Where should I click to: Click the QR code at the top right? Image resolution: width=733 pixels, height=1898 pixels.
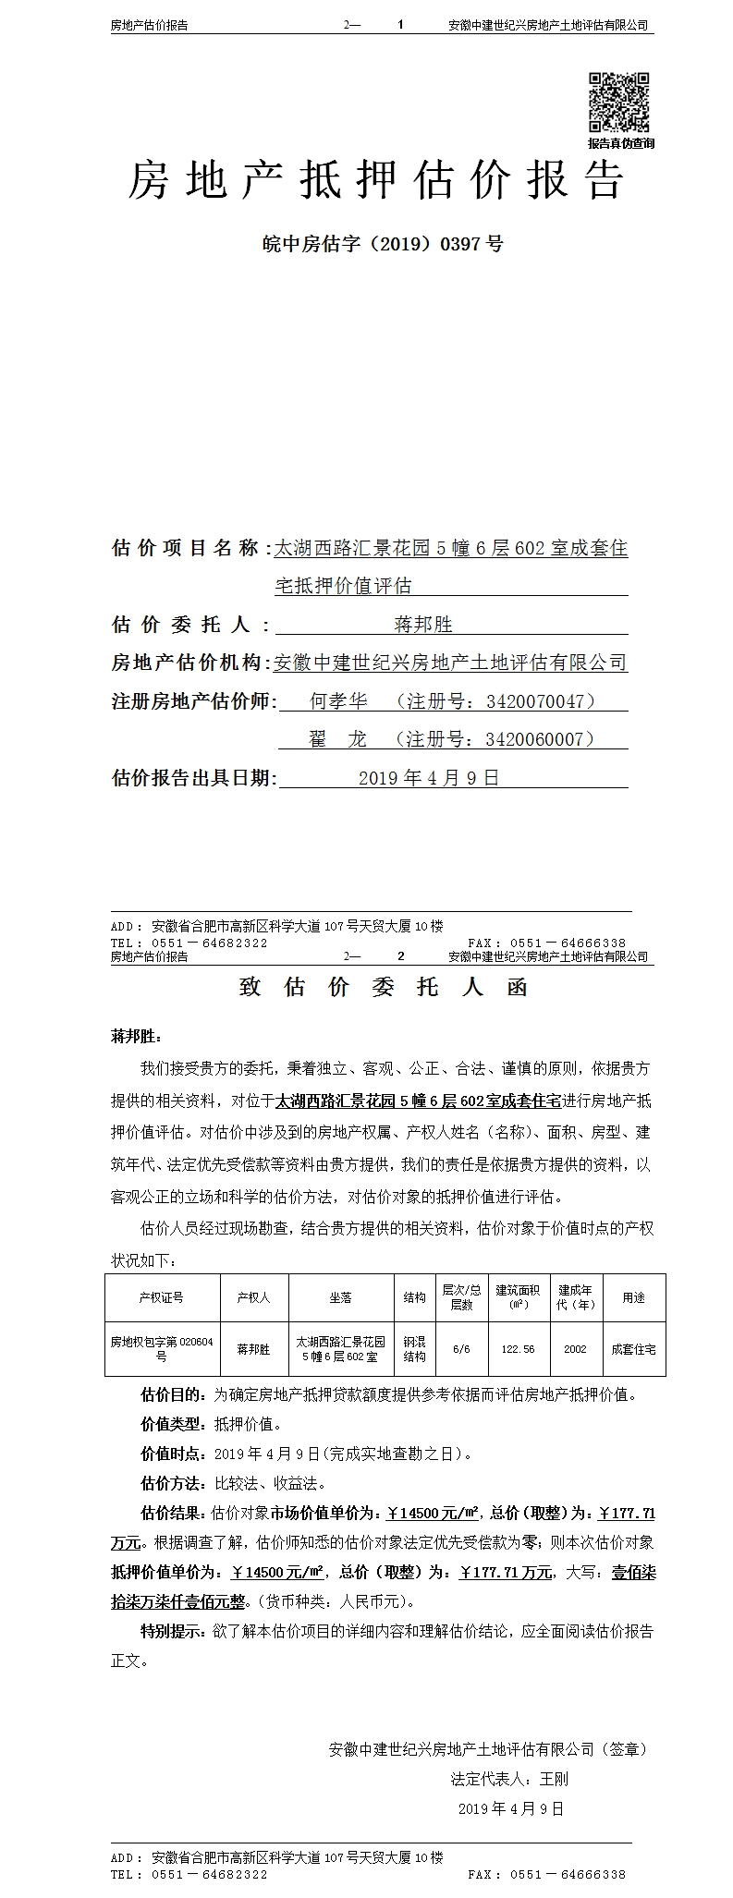coord(619,102)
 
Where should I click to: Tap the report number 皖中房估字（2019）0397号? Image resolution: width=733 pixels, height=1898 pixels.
coord(383,244)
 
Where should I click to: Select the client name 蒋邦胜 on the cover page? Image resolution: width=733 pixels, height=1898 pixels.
coord(423,625)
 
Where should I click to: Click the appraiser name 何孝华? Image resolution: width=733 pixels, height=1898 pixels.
coord(338,701)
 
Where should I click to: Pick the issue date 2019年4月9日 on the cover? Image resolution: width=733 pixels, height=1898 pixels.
coord(428,778)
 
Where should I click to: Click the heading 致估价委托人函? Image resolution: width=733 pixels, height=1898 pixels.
coord(383,987)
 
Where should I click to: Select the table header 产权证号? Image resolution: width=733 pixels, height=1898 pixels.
coord(162,1297)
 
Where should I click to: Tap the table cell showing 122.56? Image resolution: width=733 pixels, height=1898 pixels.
coord(518,1349)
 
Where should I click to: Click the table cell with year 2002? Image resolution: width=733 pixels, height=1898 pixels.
coord(575,1349)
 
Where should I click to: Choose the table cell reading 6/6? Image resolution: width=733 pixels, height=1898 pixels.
coord(461,1349)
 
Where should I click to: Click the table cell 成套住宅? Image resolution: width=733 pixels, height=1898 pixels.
coord(633,1349)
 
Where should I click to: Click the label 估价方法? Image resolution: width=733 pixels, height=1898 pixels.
coord(172,1484)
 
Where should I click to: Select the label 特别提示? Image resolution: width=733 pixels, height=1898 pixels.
coord(172,1632)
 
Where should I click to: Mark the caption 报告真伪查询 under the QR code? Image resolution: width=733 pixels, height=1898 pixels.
coord(620,143)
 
